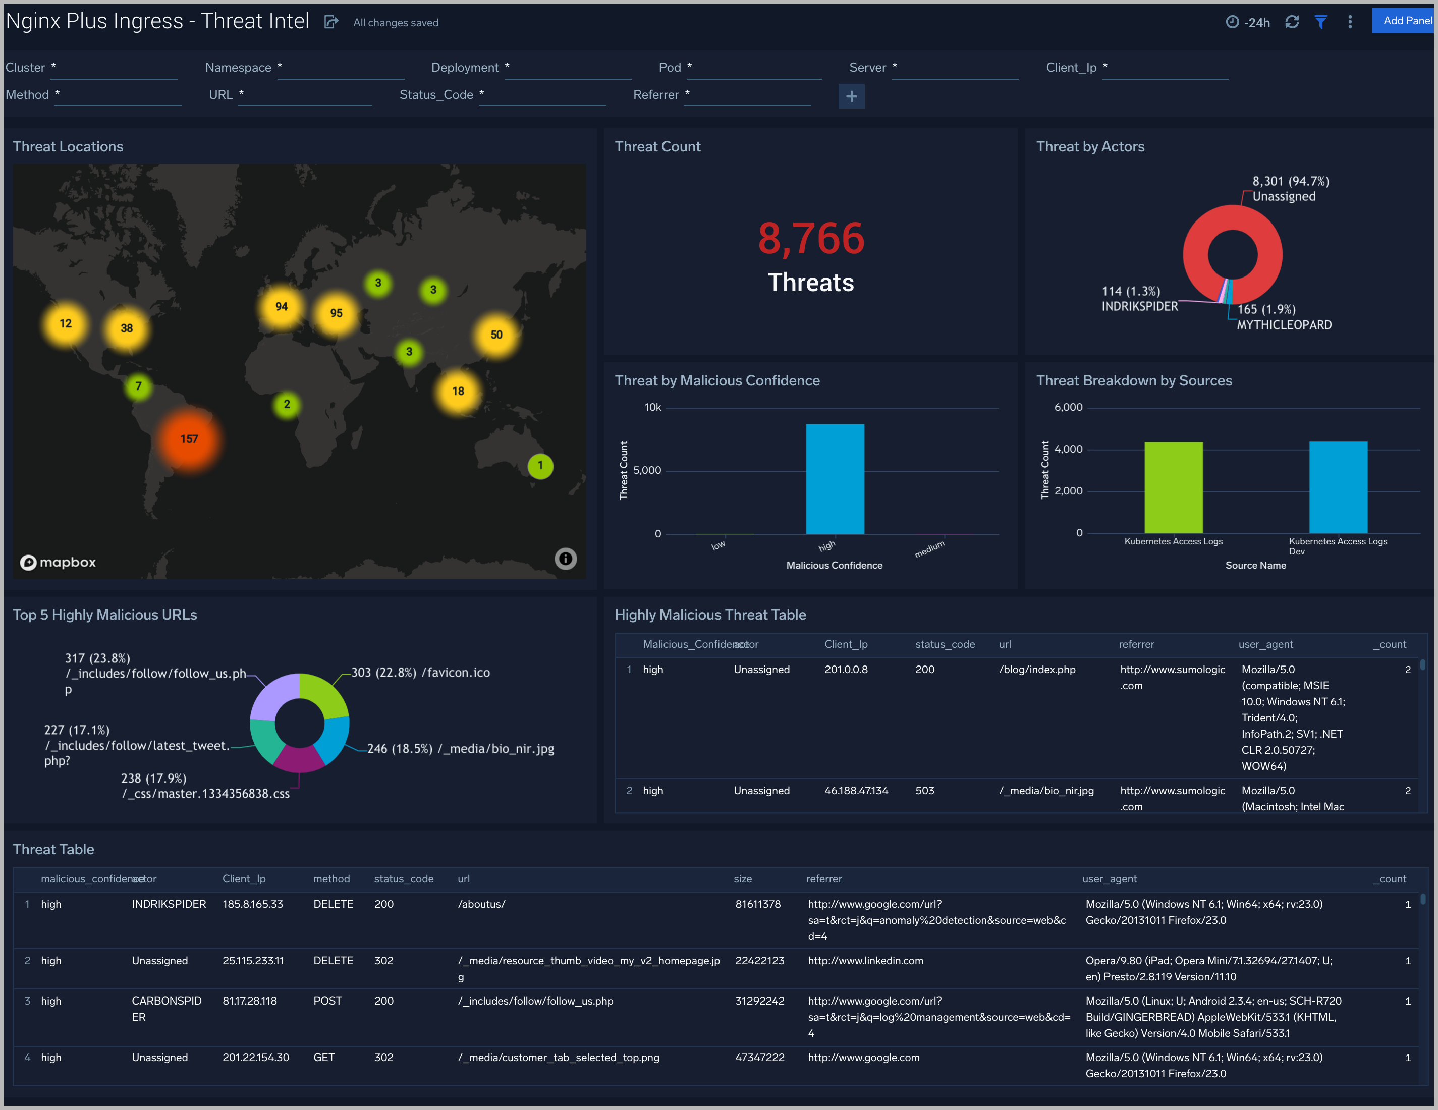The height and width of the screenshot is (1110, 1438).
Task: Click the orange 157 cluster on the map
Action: [x=189, y=439]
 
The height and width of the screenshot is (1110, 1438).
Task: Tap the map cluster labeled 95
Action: [x=336, y=313]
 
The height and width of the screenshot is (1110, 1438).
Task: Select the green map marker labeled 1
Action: [x=540, y=466]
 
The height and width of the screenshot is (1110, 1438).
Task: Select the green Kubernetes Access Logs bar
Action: [x=1173, y=487]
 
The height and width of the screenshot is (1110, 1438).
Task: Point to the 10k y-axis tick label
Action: [x=652, y=408]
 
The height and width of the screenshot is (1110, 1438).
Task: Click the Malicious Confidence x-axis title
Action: [x=834, y=566]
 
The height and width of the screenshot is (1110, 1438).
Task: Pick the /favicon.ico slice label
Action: [x=456, y=673]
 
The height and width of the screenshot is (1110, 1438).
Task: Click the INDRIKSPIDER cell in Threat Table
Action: [x=169, y=904]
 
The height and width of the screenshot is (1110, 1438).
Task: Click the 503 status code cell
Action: [x=924, y=790]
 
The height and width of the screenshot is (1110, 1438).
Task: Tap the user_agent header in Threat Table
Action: [x=1109, y=879]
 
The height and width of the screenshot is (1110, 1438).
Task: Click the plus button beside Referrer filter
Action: [x=851, y=97]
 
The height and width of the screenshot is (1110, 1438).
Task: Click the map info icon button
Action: [x=565, y=559]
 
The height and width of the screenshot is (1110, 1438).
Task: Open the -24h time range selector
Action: [x=1248, y=22]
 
